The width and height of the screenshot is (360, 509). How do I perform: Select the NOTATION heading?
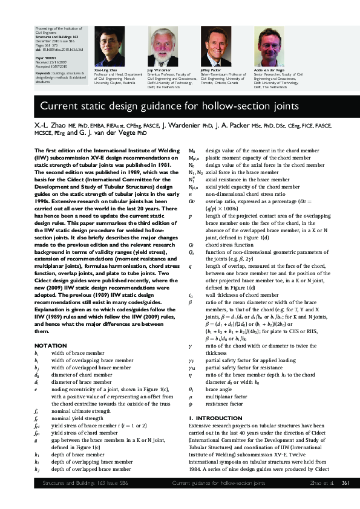click(x=51, y=345)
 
